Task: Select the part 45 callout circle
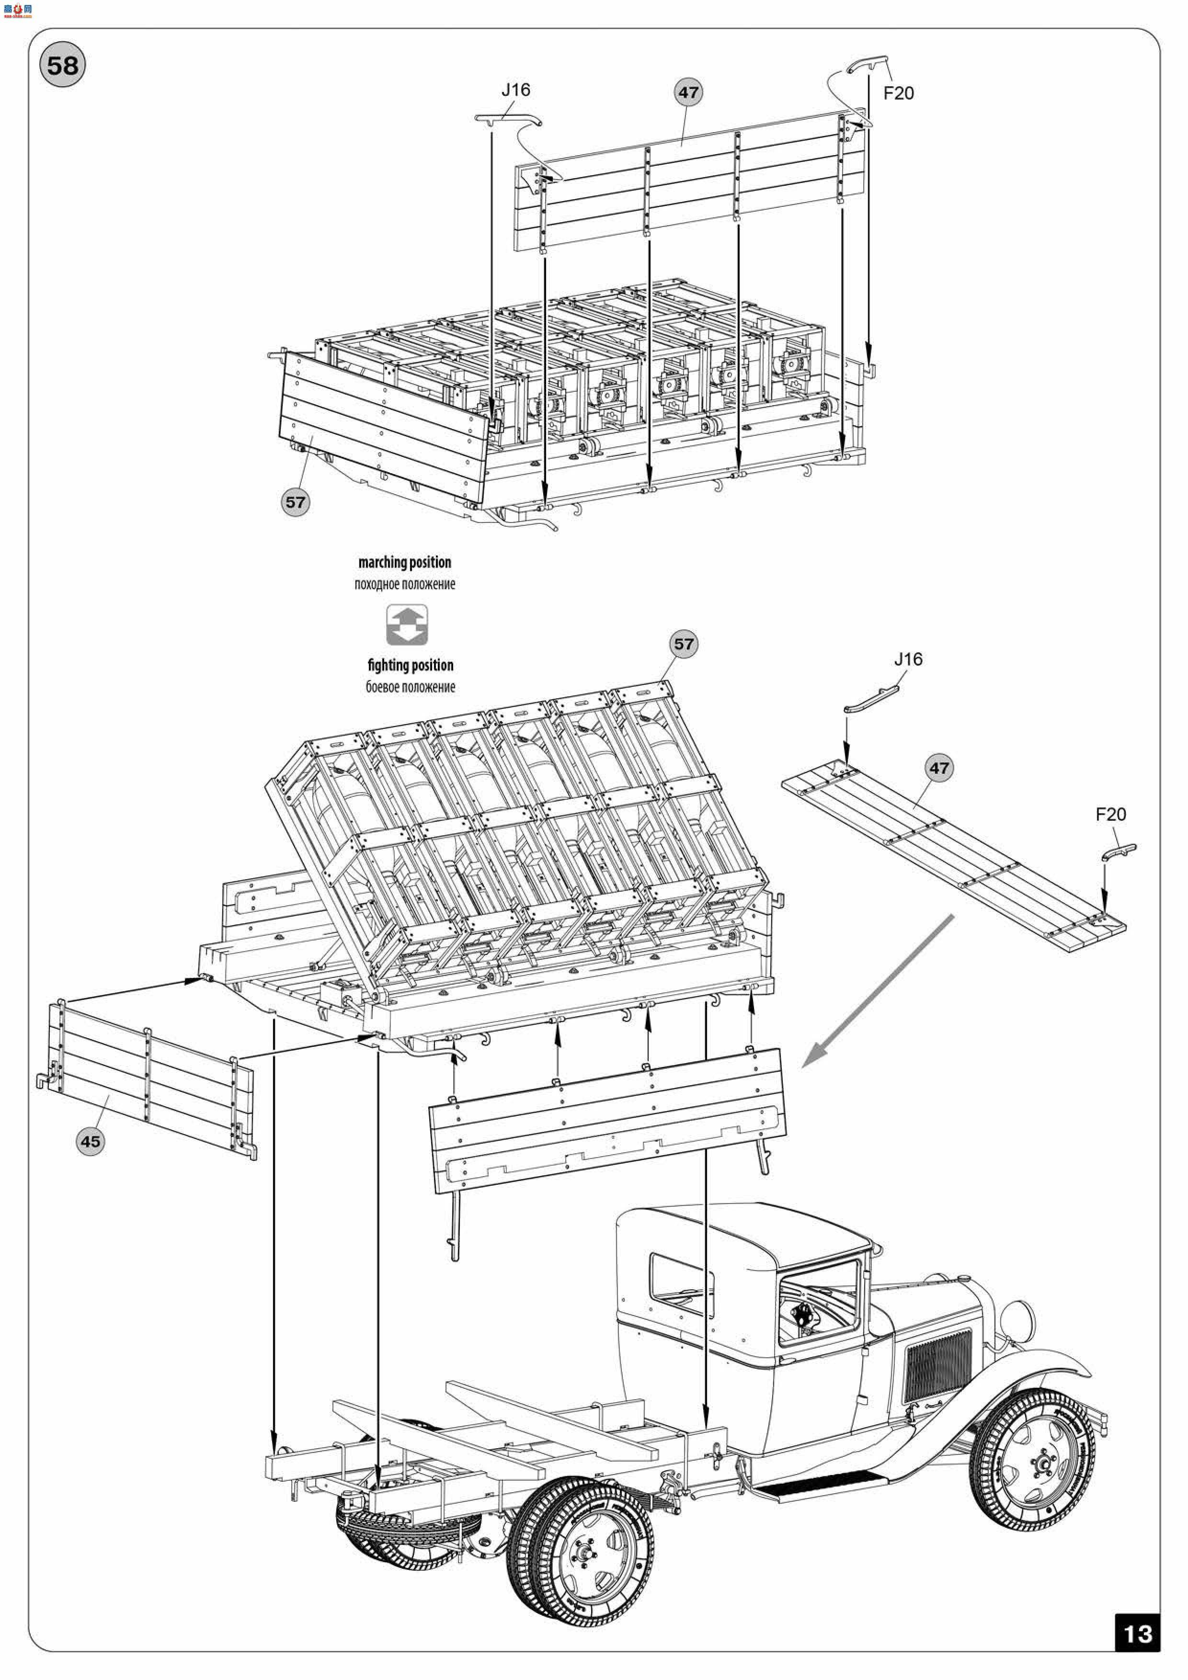coord(90,1141)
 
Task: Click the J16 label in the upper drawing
coord(515,90)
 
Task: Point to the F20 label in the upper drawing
coord(898,93)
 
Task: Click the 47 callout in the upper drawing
coord(688,93)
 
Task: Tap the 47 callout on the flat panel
coord(938,768)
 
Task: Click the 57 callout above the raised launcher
coord(683,644)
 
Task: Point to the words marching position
coord(405,562)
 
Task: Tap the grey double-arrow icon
coord(407,624)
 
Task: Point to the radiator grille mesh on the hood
coord(939,1364)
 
